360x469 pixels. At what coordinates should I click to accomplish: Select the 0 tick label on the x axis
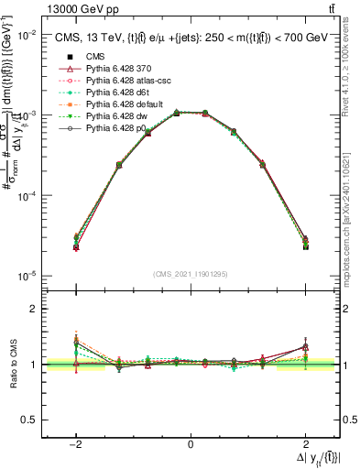pos(191,445)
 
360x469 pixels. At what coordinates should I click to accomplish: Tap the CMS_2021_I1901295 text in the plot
pos(191,274)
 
